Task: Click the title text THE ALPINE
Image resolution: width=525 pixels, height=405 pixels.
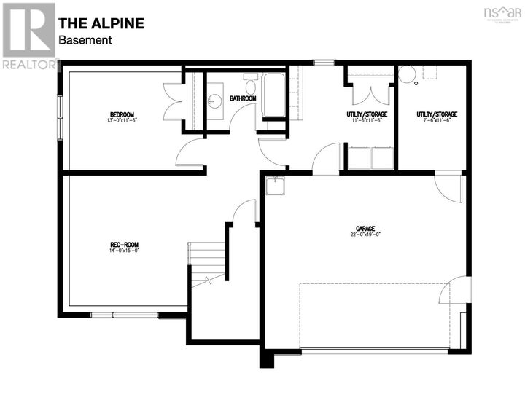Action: pyautogui.click(x=101, y=23)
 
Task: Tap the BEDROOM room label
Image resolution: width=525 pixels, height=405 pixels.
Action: pyautogui.click(x=122, y=114)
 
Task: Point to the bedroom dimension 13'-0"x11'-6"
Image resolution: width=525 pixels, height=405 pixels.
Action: pyautogui.click(x=122, y=120)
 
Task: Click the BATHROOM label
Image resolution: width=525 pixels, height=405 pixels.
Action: pyautogui.click(x=243, y=98)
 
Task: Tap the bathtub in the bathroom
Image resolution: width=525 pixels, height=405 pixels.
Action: pyautogui.click(x=274, y=95)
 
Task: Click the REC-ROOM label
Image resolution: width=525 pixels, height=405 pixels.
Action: pyautogui.click(x=124, y=244)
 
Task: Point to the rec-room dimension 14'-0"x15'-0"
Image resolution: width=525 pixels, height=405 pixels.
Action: pyautogui.click(x=124, y=251)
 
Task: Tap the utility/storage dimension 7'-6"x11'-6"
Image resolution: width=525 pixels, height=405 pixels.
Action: pyautogui.click(x=437, y=121)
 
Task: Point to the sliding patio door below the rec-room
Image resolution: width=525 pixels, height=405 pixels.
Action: pyautogui.click(x=124, y=315)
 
